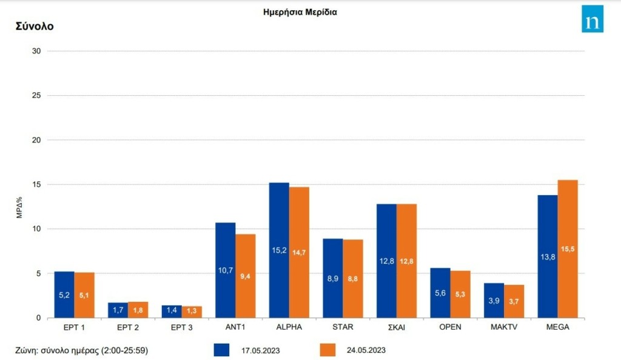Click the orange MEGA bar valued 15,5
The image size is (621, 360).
pos(568,248)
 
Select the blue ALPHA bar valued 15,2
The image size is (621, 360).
pos(279,250)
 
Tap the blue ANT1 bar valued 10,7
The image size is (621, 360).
pos(226,270)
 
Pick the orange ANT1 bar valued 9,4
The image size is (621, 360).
pos(246,276)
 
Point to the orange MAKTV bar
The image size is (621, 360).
pos(514,301)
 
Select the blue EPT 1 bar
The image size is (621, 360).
pos(65,295)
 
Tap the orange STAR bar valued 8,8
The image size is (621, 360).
pos(353,278)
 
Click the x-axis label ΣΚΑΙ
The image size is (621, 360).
pos(397,327)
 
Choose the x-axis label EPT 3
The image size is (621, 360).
pos(183,327)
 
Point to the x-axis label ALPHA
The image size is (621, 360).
pos(289,327)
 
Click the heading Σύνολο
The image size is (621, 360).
pos(35,27)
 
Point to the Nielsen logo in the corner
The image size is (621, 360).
pos(592,19)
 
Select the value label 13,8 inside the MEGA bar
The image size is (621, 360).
pos(548,257)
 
